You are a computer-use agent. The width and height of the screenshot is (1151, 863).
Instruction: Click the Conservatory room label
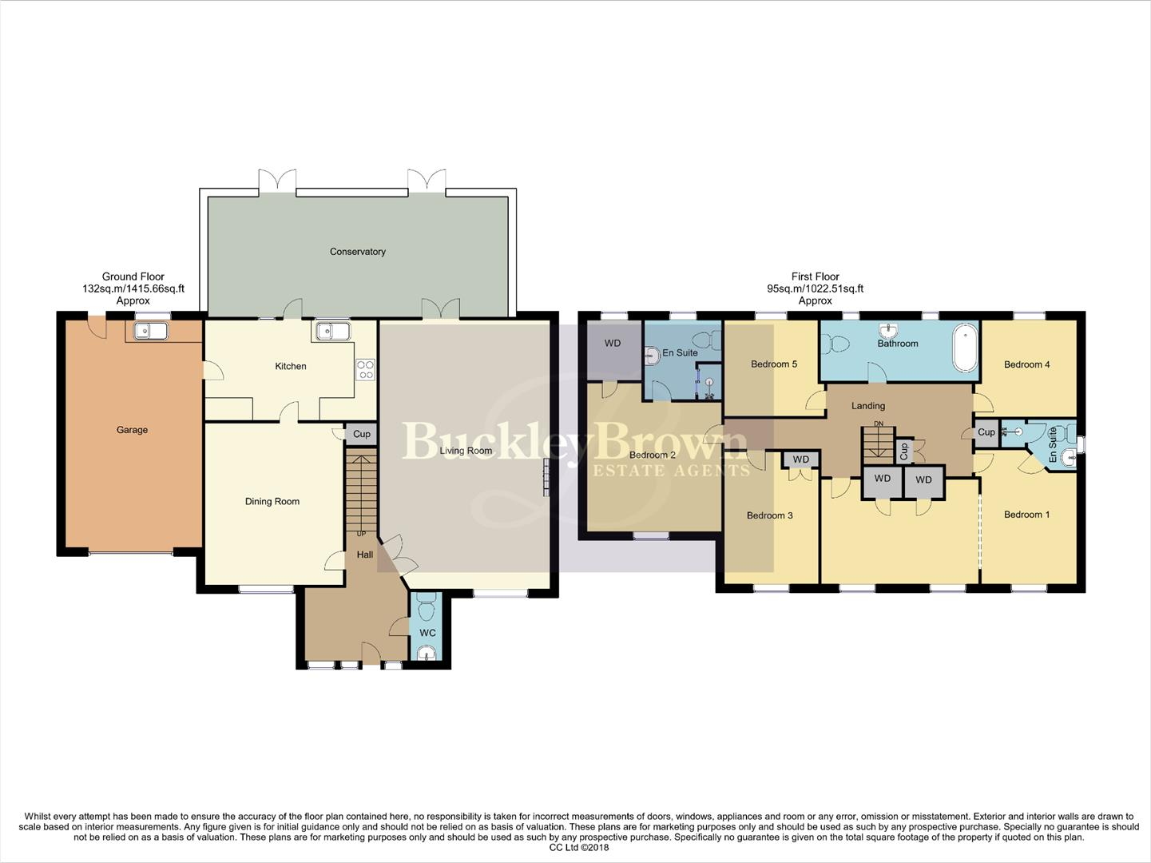tap(357, 252)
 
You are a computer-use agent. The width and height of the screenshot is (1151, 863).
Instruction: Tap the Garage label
tap(132, 430)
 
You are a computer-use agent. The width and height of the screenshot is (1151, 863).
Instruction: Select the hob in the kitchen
tap(365, 369)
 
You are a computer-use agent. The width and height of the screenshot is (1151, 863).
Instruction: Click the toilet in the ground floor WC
tap(427, 610)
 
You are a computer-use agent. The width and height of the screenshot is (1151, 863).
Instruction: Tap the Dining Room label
tap(272, 502)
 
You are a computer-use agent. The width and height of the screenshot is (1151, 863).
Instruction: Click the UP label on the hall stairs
tap(361, 534)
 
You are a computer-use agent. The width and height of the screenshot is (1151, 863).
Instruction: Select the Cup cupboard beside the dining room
tap(361, 435)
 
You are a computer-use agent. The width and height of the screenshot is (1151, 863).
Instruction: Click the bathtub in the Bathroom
tap(965, 348)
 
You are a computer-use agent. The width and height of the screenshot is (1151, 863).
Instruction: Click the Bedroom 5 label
tap(773, 364)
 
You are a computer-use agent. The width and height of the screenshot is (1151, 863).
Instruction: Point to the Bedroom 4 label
tap(1026, 364)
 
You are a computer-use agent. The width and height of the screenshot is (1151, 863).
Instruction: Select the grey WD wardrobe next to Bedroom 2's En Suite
tap(613, 350)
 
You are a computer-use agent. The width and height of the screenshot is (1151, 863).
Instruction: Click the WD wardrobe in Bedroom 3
tap(800, 459)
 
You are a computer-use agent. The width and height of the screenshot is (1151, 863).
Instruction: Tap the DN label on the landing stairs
tap(879, 424)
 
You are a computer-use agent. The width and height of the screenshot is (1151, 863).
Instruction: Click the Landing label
tap(867, 406)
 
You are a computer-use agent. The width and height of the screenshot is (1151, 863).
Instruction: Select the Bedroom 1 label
tap(1026, 515)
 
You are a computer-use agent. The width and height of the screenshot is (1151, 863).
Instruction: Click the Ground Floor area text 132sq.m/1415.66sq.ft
tap(133, 288)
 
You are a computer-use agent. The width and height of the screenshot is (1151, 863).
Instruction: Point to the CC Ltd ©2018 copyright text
tap(579, 848)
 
